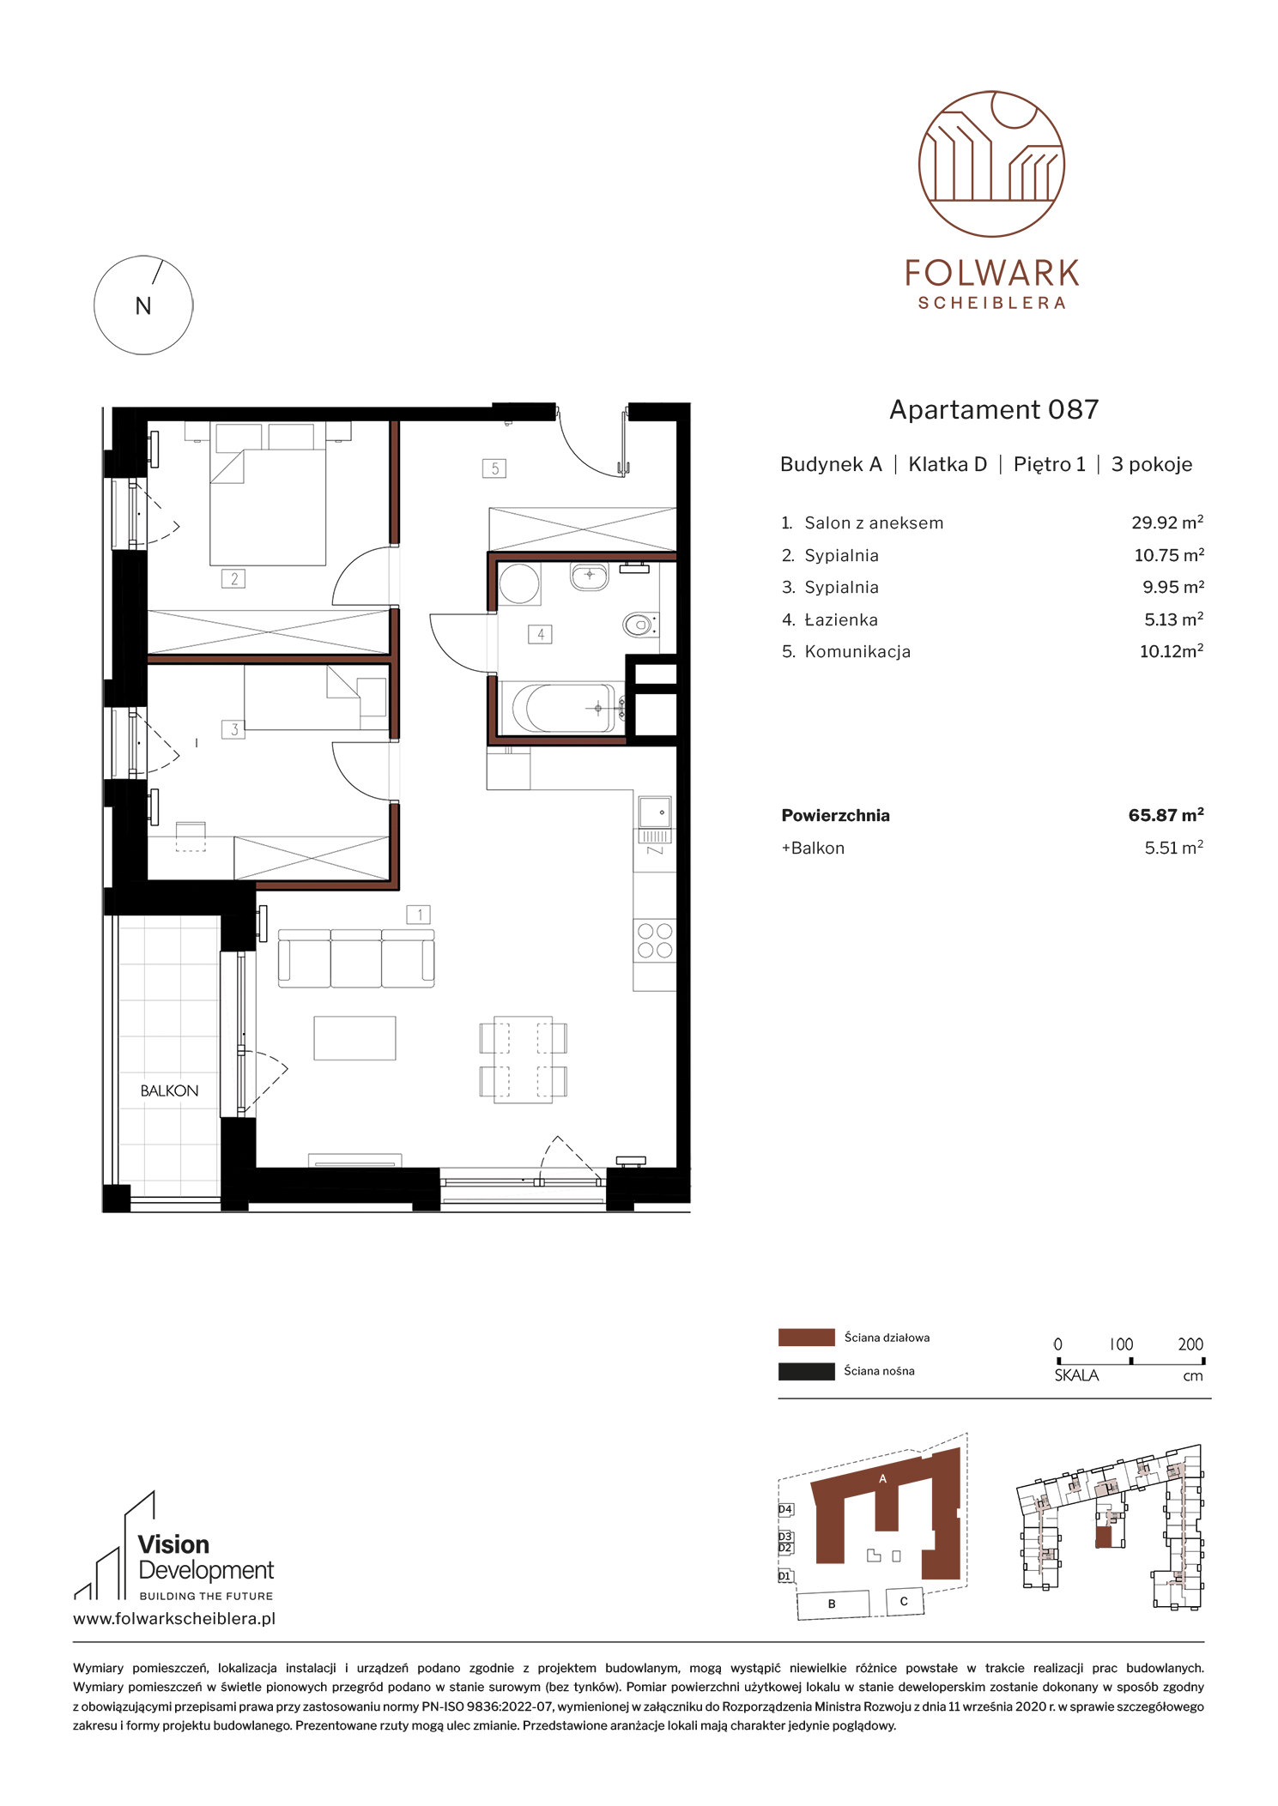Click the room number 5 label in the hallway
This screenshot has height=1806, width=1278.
coord(494,468)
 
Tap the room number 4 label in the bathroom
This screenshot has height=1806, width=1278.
coord(540,634)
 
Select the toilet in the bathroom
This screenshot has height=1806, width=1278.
coord(640,625)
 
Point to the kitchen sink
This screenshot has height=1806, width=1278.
coord(655,811)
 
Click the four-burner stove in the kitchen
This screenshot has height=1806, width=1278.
coord(655,939)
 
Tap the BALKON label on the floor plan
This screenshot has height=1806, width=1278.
coord(169,1090)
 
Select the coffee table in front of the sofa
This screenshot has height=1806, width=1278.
coord(354,1038)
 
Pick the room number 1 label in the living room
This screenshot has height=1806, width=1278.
coord(419,915)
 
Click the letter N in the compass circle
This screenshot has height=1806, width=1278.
coord(143,306)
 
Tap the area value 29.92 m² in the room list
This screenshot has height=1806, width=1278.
coord(1167,522)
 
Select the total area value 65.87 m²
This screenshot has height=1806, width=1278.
coord(1166,815)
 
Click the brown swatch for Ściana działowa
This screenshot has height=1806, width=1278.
coord(806,1338)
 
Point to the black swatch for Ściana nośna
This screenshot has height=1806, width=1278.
coord(806,1371)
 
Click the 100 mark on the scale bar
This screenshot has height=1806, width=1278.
coord(1121,1344)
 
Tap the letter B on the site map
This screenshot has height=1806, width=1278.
coord(832,1604)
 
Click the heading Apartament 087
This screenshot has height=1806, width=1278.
coord(994,410)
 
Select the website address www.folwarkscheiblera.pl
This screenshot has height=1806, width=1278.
coord(174,1619)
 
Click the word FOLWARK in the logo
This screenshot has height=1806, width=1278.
coord(992,274)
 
